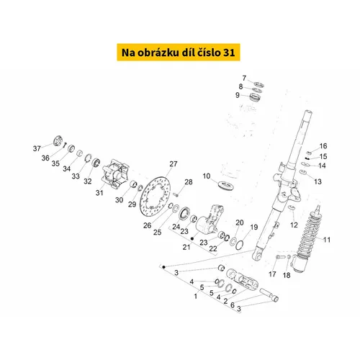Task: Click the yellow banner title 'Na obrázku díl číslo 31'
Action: click(179, 53)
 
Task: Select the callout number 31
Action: click(99, 193)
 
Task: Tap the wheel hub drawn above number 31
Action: click(115, 174)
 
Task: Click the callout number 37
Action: click(37, 148)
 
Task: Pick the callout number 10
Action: click(207, 176)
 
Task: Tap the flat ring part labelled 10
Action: click(226, 186)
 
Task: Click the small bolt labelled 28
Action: click(176, 194)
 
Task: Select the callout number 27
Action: click(174, 164)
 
